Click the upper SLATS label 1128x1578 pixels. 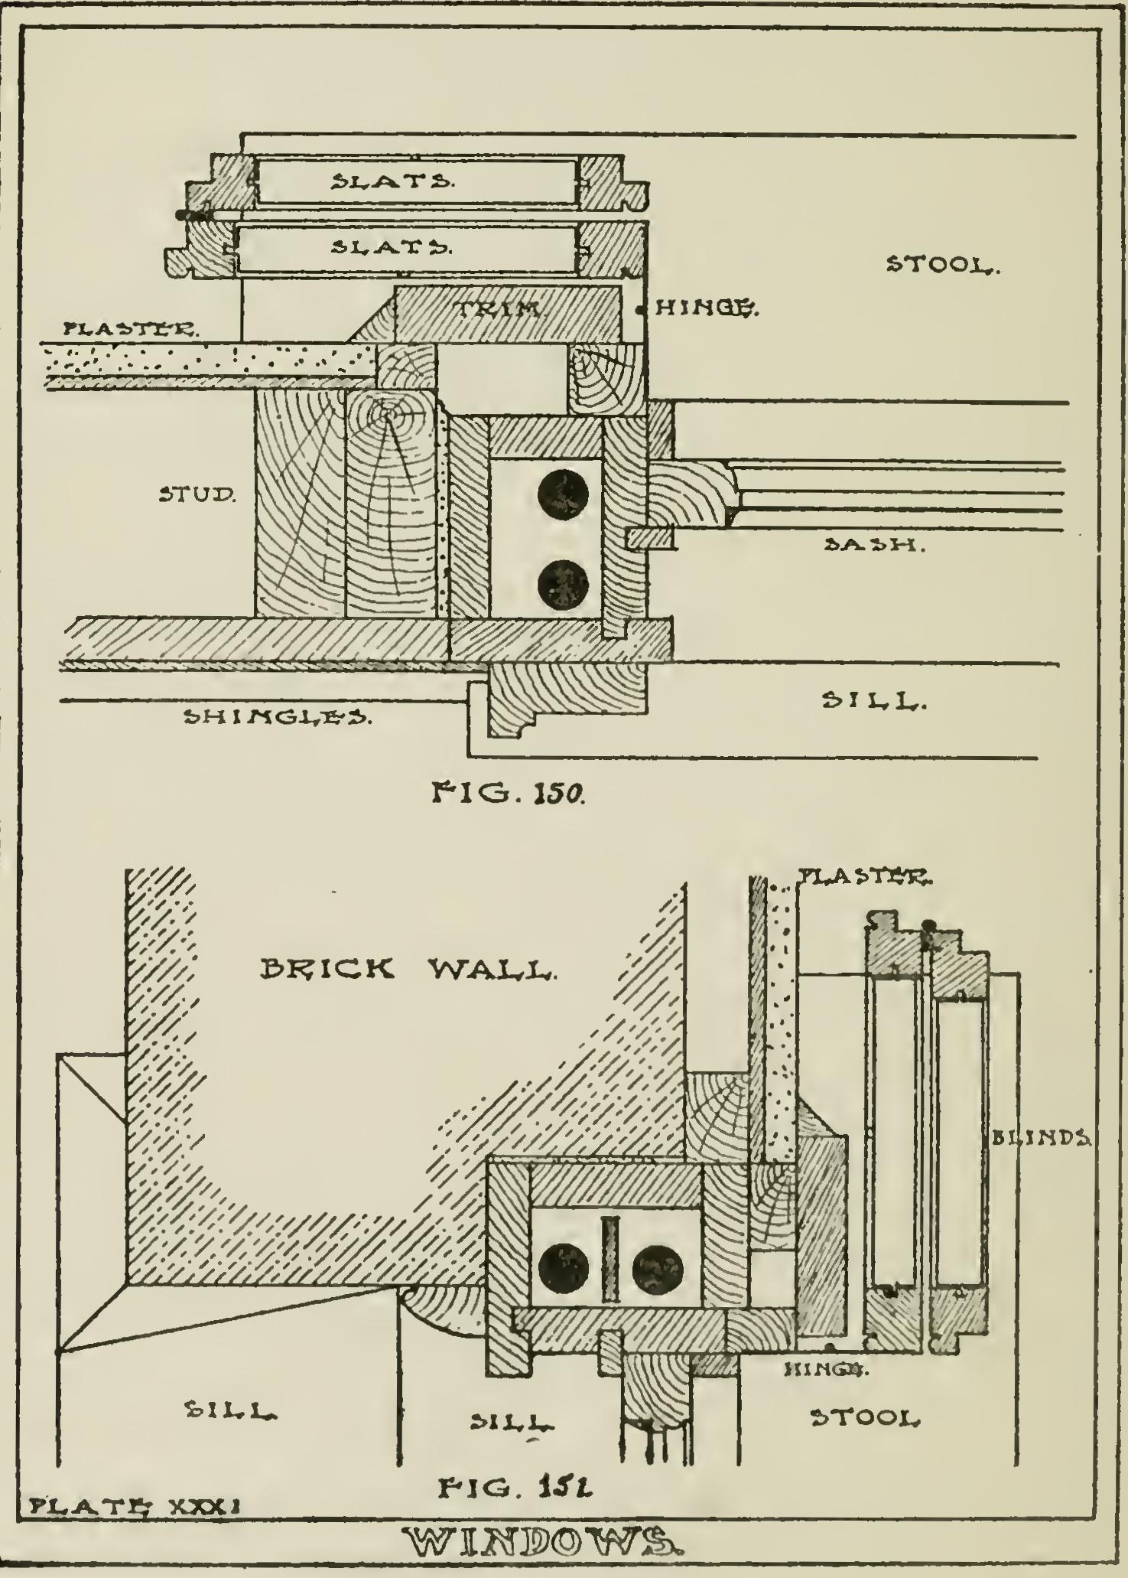[392, 181]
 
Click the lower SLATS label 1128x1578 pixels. [392, 247]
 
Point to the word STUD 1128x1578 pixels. [197, 494]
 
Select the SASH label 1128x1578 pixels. [875, 545]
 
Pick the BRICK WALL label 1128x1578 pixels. [405, 970]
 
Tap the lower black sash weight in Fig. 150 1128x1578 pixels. [563, 585]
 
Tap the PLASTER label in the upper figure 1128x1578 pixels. [131, 330]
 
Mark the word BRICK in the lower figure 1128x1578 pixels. [327, 970]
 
